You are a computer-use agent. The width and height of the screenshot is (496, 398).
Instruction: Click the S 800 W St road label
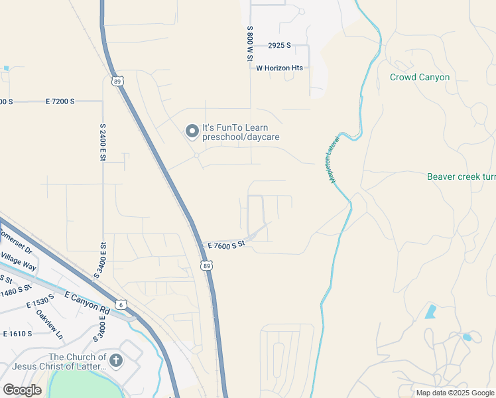[250, 44]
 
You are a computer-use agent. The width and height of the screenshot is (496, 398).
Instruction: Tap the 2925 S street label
[280, 46]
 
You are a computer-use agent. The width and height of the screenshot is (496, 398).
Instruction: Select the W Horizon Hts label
[279, 68]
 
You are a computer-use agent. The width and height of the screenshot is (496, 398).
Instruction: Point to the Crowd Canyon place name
[420, 78]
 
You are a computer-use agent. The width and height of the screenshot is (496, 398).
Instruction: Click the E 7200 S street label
[60, 101]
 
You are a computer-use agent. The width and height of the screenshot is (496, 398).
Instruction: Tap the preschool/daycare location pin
[192, 131]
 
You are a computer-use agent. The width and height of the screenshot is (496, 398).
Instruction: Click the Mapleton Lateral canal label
[334, 161]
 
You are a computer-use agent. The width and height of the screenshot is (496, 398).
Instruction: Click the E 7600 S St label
[226, 245]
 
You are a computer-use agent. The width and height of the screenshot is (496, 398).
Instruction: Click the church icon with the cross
[116, 361]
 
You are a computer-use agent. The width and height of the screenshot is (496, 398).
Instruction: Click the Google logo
[22, 390]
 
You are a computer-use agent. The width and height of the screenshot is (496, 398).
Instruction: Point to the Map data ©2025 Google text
[454, 393]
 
